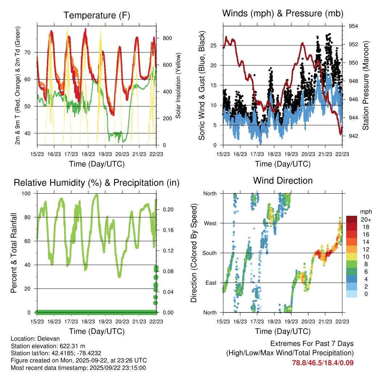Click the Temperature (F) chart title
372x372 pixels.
(96, 15)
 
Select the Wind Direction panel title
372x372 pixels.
(283, 181)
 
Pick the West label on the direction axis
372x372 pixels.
(210, 223)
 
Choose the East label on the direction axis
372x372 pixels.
(210, 283)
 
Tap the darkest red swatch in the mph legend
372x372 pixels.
(352, 219)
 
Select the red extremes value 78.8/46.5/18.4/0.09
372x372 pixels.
(323, 363)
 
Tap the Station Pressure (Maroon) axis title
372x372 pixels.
(366, 86)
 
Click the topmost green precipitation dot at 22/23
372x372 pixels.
(156, 268)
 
